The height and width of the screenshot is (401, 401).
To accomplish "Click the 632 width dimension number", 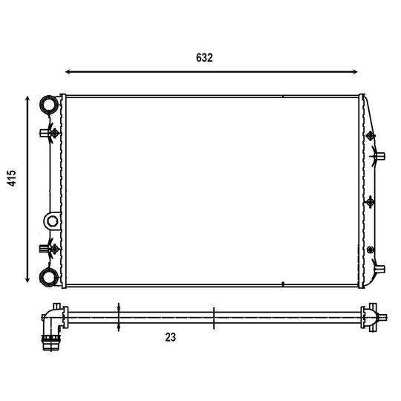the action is (204, 58).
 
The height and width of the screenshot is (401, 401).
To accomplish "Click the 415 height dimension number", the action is (11, 178).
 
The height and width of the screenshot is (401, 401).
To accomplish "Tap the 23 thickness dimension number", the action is (170, 337).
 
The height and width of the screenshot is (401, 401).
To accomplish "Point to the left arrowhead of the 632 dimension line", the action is (68, 72).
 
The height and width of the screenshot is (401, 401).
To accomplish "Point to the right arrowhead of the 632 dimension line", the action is (355, 72).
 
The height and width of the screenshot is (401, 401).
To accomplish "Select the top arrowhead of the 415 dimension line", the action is (27, 100).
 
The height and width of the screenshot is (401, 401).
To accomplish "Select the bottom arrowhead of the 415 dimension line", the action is (27, 280).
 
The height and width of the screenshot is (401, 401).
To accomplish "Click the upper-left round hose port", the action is (49, 105).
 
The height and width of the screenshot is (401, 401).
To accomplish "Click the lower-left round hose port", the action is (49, 277).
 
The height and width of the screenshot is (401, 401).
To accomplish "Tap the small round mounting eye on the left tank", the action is (53, 221).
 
